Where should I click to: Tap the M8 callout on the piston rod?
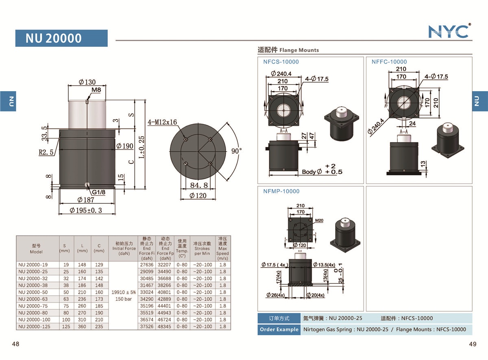click(96, 90)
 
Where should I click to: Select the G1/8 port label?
click(99, 192)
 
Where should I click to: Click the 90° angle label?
click(236, 151)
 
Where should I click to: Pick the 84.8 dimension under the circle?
click(199, 185)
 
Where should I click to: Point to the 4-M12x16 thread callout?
click(162, 122)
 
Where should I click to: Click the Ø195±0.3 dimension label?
click(86, 210)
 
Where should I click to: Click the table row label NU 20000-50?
click(33, 292)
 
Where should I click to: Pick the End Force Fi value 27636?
click(146, 265)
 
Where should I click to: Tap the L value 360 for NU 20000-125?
click(82, 326)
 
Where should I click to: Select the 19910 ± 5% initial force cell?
click(124, 292)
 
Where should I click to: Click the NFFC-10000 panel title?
click(389, 62)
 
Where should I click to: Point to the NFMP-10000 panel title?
click(281, 191)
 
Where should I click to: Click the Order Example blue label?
click(279, 329)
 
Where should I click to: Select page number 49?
click(473, 344)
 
